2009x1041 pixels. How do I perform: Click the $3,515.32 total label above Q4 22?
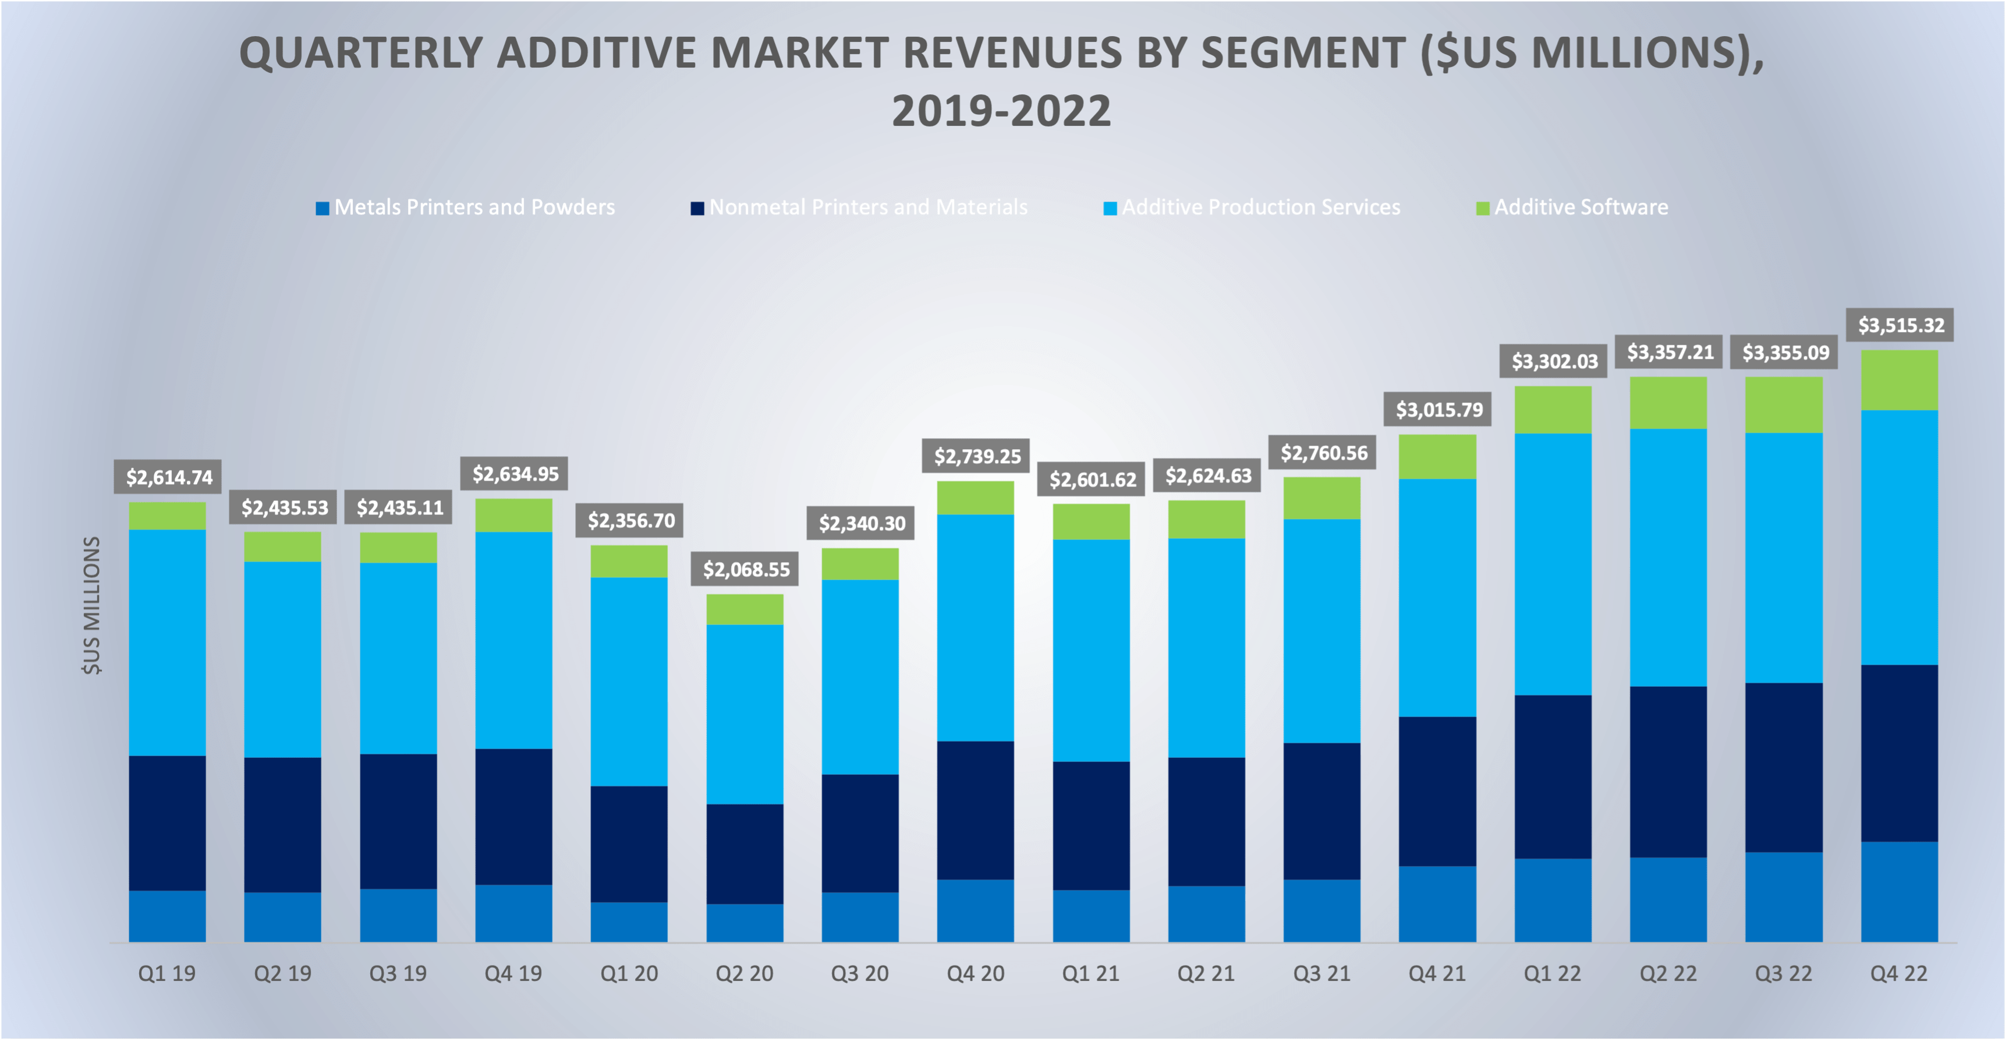[x=1901, y=324]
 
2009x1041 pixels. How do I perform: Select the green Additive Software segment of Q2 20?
[x=745, y=609]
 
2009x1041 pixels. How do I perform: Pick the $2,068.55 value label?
[x=746, y=570]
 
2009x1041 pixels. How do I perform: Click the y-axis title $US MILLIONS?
[x=92, y=605]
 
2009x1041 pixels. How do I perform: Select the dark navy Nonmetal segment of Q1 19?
[x=167, y=823]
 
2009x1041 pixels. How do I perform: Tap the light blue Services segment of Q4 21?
[x=1437, y=597]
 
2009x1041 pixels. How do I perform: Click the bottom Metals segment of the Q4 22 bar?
[x=1899, y=891]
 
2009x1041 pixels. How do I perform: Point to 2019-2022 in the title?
[x=1001, y=111]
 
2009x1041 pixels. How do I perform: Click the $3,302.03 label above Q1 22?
[x=1554, y=361]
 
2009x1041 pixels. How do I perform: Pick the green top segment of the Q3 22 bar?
[x=1784, y=404]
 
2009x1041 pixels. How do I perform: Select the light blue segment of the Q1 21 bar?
[x=1091, y=650]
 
